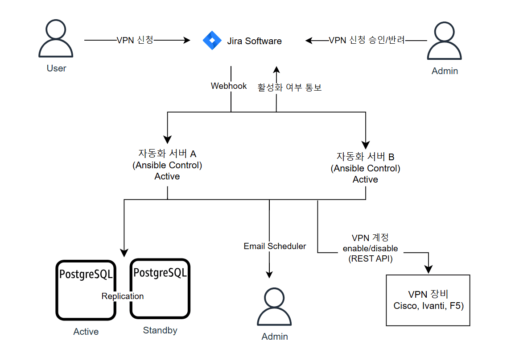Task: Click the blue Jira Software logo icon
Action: pyautogui.click(x=212, y=41)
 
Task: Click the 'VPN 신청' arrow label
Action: pyautogui.click(x=135, y=40)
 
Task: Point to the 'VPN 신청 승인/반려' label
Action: pyautogui.click(x=367, y=40)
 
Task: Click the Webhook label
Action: pyautogui.click(x=229, y=86)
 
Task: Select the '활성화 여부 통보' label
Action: pyautogui.click(x=289, y=87)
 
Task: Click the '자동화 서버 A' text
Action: pyautogui.click(x=167, y=154)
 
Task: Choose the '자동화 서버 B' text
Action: pyautogui.click(x=365, y=157)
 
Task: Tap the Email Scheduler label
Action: pyautogui.click(x=275, y=246)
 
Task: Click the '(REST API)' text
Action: pyautogui.click(x=370, y=258)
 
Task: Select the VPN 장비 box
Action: pyautogui.click(x=428, y=300)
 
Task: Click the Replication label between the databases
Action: pyautogui.click(x=123, y=296)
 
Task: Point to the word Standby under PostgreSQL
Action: pyautogui.click(x=160, y=330)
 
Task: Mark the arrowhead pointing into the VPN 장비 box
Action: pyautogui.click(x=428, y=269)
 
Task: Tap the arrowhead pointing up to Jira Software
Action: pyautogui.click(x=276, y=71)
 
